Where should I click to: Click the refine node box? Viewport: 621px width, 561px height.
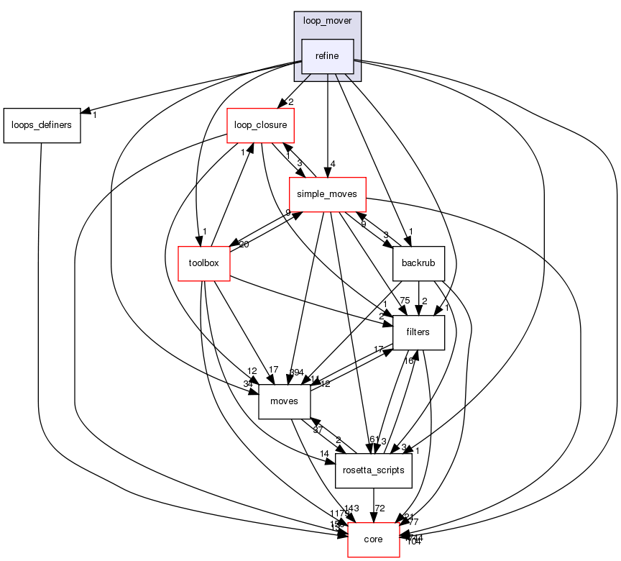pyautogui.click(x=327, y=56)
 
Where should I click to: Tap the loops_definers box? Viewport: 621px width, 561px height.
pyautogui.click(x=41, y=125)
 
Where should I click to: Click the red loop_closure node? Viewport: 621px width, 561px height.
pyautogui.click(x=260, y=125)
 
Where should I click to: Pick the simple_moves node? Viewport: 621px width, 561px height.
pyautogui.click(x=327, y=194)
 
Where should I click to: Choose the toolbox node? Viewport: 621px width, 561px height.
pyautogui.click(x=203, y=263)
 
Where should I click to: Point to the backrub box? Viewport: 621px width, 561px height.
pyautogui.click(x=419, y=263)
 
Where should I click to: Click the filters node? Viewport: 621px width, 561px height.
pyautogui.click(x=418, y=332)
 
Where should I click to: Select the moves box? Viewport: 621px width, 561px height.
pyautogui.click(x=284, y=401)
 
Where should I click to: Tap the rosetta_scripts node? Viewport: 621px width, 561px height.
pyautogui.click(x=373, y=470)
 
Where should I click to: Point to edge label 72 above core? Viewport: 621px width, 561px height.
pyautogui.click(x=380, y=509)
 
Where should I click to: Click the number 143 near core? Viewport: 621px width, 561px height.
pyautogui.click(x=351, y=508)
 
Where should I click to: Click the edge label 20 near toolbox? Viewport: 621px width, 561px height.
pyautogui.click(x=244, y=245)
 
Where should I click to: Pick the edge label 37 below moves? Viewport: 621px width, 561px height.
pyautogui.click(x=317, y=430)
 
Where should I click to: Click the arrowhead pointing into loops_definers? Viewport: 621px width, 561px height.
pyautogui.click(x=85, y=112)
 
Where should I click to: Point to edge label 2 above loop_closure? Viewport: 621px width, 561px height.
pyautogui.click(x=291, y=101)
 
